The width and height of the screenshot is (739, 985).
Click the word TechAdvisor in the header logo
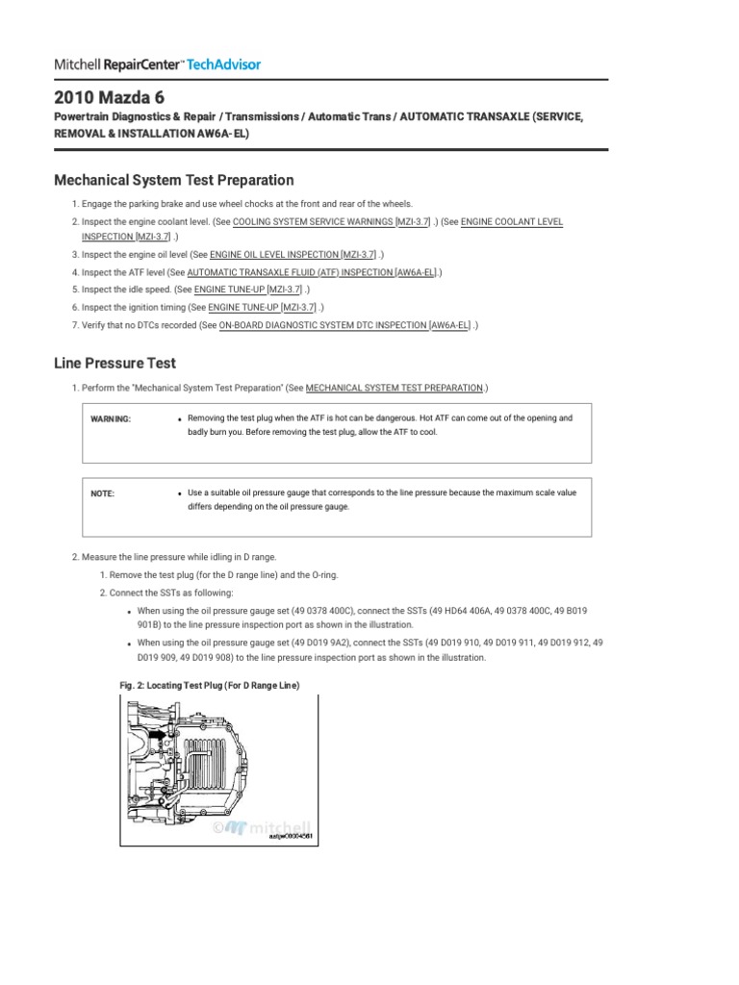tap(223, 64)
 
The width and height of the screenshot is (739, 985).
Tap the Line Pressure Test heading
tap(114, 363)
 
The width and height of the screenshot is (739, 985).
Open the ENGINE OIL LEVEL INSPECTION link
tap(273, 255)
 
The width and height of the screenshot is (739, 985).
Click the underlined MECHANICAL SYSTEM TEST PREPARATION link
tap(394, 388)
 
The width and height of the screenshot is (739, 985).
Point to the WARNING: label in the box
tap(111, 419)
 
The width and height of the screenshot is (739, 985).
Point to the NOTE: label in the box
tap(102, 493)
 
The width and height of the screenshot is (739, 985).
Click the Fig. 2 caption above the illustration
tap(203, 685)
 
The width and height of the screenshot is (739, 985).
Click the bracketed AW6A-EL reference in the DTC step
tap(450, 325)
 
